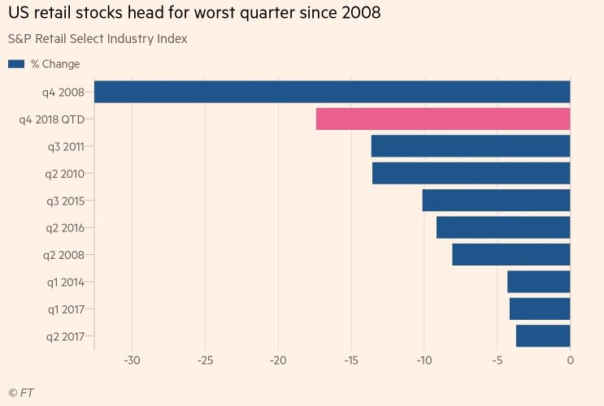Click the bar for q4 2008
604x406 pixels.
(332, 92)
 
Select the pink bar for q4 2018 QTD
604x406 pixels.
(443, 119)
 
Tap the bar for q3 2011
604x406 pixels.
(471, 146)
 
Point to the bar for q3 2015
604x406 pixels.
(496, 201)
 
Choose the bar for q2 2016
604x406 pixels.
(503, 228)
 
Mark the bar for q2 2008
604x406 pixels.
(511, 255)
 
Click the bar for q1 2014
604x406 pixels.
(539, 283)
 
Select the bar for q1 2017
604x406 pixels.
(540, 309)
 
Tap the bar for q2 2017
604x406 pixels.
(543, 336)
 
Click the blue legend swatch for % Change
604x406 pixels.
(15, 64)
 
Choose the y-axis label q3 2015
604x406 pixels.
(72, 201)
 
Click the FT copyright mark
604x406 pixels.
(21, 393)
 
